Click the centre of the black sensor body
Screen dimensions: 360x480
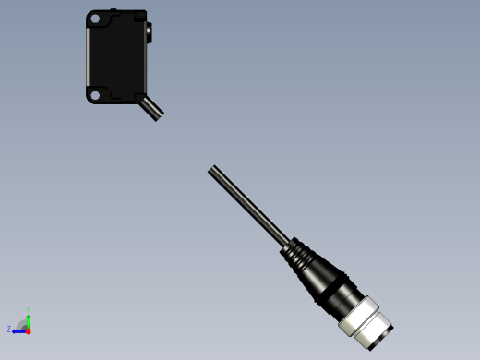[x=117, y=55]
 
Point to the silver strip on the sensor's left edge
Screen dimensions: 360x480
[x=89, y=55]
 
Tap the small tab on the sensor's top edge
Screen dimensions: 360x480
[x=113, y=11]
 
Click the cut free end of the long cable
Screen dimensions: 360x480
[x=212, y=170]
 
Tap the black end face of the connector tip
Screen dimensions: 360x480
[x=382, y=338]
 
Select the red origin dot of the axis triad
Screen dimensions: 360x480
[x=28, y=330]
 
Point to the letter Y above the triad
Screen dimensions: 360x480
[x=29, y=310]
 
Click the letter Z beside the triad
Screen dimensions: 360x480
[x=9, y=330]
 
